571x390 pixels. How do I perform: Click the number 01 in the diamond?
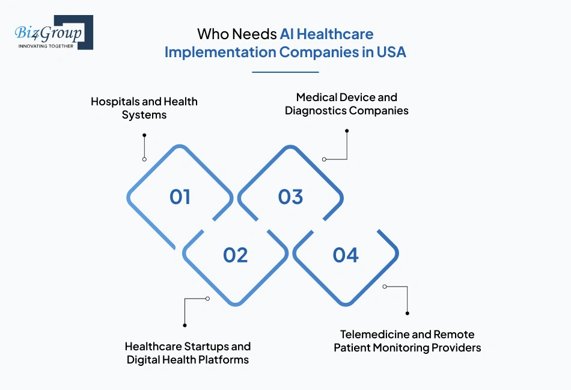pos(180,197)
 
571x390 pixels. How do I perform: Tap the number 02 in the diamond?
pos(236,255)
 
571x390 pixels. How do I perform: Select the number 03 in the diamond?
pos(291,197)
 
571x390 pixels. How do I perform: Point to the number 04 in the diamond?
pos(346,255)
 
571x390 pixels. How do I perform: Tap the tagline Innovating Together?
pos(46,46)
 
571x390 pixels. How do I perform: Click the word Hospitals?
pos(115,102)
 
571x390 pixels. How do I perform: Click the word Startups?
pos(206,346)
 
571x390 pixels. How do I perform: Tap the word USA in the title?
pos(391,52)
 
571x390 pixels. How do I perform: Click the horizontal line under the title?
pos(285,72)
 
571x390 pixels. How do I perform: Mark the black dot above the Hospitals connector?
pos(144,135)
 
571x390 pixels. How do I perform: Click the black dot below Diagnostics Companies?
pos(347,131)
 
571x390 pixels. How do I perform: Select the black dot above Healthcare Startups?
pos(184,325)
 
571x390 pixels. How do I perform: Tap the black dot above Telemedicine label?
pos(408,313)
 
